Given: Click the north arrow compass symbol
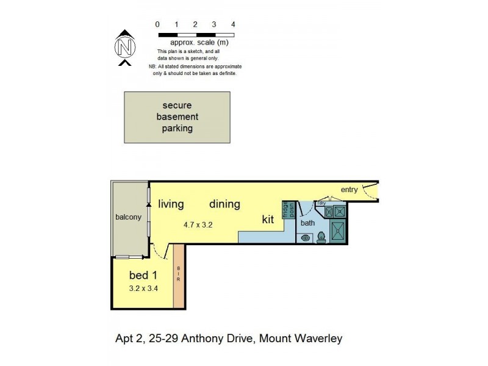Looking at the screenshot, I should [124, 46].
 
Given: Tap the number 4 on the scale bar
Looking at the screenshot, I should [233, 24].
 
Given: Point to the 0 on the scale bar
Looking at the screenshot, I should [157, 24].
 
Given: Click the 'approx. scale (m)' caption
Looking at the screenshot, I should [199, 43].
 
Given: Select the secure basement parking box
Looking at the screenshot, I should [177, 117].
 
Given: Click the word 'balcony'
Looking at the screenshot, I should [128, 217].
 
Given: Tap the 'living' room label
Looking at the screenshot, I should [171, 204].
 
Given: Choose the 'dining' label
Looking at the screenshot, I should [224, 204].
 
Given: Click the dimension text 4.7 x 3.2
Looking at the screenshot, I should [198, 224].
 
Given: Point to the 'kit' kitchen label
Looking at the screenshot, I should [268, 220].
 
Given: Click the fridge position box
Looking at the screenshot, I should [289, 209].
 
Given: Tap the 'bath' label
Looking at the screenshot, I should [307, 223].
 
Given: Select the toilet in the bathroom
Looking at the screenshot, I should [321, 238].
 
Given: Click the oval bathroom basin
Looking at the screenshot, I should [305, 238].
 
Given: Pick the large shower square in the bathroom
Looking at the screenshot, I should [337, 231].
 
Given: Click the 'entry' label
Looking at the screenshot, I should [349, 190].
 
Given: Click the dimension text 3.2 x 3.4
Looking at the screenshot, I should [143, 289].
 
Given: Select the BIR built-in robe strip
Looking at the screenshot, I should [178, 276].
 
